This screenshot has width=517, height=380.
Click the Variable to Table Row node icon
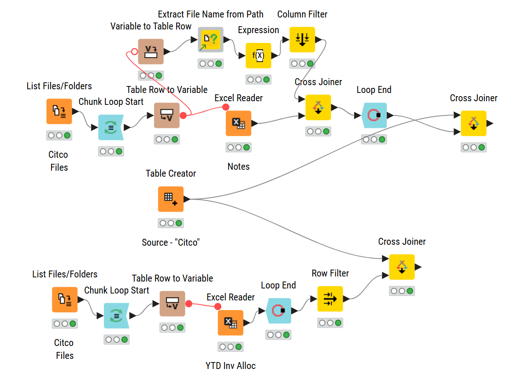[x=151, y=52]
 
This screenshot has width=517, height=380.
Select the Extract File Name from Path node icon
[x=211, y=40]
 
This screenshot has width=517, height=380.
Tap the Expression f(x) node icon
[x=258, y=55]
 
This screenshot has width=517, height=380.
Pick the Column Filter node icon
[x=302, y=40]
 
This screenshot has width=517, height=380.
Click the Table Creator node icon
[x=171, y=199]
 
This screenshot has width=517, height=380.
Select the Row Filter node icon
[x=330, y=299]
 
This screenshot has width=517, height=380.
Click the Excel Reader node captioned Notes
[x=238, y=123]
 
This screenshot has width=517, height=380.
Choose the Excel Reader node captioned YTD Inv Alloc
[x=230, y=322]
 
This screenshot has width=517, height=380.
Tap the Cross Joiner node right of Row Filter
[x=402, y=267]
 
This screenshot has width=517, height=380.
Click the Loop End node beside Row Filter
[x=279, y=311]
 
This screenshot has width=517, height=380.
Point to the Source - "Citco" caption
[x=171, y=242]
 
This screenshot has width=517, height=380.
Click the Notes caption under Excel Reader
[x=238, y=167]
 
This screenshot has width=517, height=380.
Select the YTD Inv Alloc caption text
[x=230, y=366]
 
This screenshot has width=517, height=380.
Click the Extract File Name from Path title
[x=211, y=14]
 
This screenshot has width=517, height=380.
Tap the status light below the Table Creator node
[x=171, y=223]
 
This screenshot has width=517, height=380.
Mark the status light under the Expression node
[x=258, y=80]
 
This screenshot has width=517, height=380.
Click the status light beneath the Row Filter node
[x=330, y=323]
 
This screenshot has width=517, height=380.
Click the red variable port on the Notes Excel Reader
[x=226, y=107]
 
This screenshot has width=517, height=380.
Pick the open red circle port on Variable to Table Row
[x=134, y=52]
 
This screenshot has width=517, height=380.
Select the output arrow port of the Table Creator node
[x=187, y=199]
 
